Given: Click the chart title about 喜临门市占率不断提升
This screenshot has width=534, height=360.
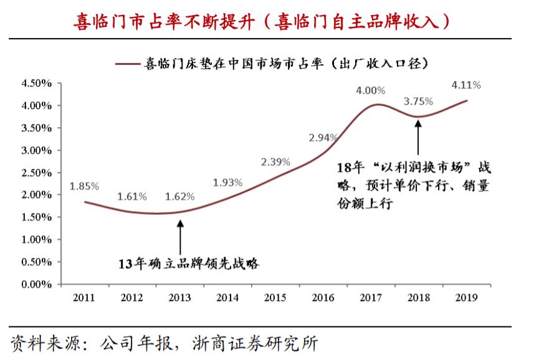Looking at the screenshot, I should (x=267, y=20).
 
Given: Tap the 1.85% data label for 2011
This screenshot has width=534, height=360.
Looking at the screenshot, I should (x=83, y=186).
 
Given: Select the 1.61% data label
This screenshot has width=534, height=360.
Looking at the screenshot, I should (x=131, y=197).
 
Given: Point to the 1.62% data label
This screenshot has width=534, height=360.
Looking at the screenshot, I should (x=179, y=197).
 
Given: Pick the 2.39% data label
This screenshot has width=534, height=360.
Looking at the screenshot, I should (x=275, y=162).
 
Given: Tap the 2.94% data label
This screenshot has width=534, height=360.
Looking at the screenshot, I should (x=323, y=137).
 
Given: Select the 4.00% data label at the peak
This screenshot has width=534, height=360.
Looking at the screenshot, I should (x=371, y=91).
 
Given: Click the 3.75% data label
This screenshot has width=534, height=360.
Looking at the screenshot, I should (x=418, y=102).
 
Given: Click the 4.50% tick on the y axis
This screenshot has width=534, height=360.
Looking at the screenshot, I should (x=37, y=83).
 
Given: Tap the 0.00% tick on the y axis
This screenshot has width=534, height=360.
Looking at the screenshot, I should (x=37, y=285).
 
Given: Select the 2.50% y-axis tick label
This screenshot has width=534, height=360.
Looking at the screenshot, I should (x=37, y=173).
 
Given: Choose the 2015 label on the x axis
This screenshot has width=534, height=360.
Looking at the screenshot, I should (x=275, y=298).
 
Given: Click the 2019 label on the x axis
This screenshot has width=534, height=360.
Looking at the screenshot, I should (x=466, y=298).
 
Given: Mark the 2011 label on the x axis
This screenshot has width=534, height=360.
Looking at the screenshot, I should (x=83, y=298).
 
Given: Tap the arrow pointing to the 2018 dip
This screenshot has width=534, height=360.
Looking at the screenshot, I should (x=418, y=137).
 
